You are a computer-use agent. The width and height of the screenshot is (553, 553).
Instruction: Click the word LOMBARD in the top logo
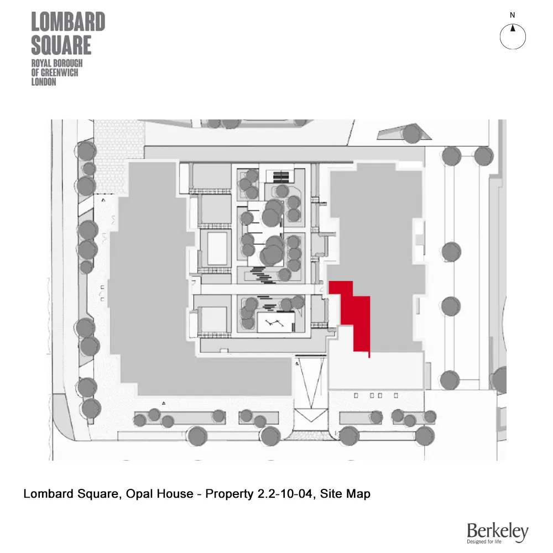tap(68, 23)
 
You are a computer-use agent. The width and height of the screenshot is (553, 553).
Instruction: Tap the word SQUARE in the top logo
tap(61, 45)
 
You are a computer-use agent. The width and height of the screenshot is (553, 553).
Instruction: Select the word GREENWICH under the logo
tap(62, 73)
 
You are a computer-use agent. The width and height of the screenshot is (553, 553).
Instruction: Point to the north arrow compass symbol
tap(513, 36)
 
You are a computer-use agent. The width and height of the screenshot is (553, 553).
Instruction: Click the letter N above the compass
tap(513, 15)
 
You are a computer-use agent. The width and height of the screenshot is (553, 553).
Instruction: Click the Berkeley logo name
tap(497, 531)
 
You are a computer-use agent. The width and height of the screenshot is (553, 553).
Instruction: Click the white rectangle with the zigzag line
tap(276, 321)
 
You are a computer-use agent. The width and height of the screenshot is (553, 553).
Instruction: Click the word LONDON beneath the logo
tap(44, 82)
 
